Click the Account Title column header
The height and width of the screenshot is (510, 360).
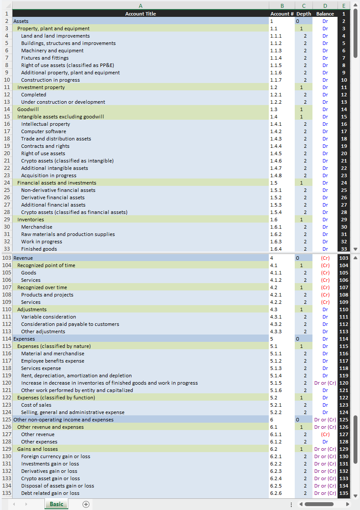click(140, 14)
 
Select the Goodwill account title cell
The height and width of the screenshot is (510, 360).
click(28, 109)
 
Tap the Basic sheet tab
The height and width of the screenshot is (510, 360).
click(56, 504)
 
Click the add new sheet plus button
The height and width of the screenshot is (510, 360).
click(86, 504)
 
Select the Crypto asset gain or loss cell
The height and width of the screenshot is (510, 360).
click(51, 478)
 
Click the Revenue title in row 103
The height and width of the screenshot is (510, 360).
click(23, 258)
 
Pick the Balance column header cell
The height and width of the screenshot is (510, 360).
click(325, 14)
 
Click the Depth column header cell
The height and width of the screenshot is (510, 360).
click(304, 14)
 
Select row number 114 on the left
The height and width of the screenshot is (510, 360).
click(6, 339)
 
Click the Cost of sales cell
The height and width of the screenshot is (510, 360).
click(36, 405)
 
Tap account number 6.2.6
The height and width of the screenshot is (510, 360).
click(276, 493)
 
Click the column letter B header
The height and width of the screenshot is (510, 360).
click(282, 6)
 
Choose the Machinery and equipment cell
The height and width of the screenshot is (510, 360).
click(52, 51)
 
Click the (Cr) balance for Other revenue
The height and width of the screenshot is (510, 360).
click(325, 434)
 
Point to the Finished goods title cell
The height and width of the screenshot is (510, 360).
click(39, 249)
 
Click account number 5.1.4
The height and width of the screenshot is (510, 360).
click(276, 376)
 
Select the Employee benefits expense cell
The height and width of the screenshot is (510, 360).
click(53, 361)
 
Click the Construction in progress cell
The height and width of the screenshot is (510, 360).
click(51, 80)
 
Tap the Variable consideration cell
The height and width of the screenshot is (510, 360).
click(48, 317)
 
